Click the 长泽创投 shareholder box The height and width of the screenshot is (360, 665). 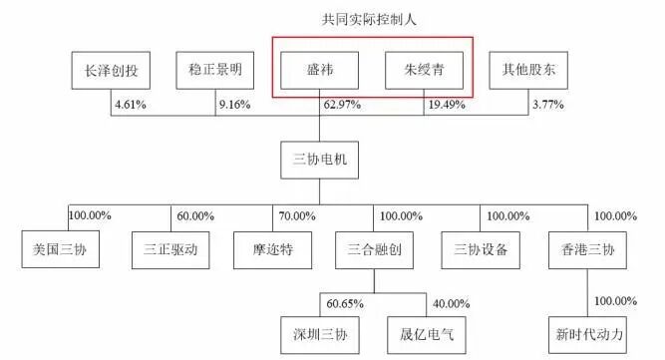point(112,71)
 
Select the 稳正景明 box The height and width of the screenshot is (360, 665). point(214,71)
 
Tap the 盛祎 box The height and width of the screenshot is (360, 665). point(319,71)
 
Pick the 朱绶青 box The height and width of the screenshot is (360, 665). point(425,71)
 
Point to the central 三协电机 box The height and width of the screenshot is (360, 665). point(319,160)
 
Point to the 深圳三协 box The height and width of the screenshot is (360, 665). point(320,332)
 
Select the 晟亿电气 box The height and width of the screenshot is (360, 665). point(424,332)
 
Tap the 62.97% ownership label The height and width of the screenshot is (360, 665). point(342,104)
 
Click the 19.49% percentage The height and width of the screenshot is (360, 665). point(448,104)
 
